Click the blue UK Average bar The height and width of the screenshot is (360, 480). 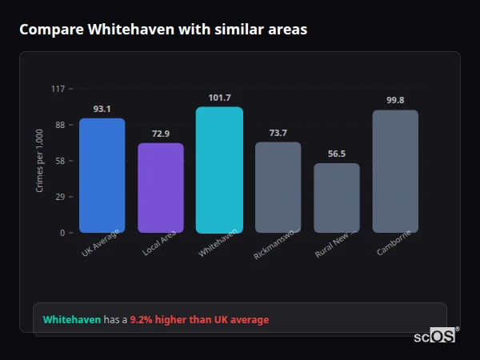[x=102, y=175]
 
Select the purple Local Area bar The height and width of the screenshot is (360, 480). [x=161, y=188]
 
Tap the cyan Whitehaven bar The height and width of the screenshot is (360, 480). [x=219, y=170]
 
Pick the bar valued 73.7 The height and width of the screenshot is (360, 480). [x=278, y=187]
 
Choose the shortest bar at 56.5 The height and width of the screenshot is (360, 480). [x=337, y=198]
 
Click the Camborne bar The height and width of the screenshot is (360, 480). [x=395, y=171]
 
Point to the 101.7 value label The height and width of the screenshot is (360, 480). [x=219, y=98]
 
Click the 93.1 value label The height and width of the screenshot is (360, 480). [x=102, y=109]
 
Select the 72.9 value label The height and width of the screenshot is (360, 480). [x=161, y=134]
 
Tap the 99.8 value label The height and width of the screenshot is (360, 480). [x=395, y=101]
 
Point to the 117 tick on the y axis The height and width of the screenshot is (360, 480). [x=58, y=89]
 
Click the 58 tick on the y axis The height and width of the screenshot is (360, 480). [x=61, y=161]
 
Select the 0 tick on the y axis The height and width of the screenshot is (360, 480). [x=63, y=233]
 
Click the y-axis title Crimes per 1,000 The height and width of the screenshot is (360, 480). [x=40, y=161]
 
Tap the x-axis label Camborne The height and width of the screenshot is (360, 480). [x=394, y=243]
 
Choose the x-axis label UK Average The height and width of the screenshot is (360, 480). [x=101, y=242]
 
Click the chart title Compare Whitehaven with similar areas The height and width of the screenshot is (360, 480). [x=162, y=29]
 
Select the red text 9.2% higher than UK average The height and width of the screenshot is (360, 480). [x=199, y=320]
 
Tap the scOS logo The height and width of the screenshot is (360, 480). [x=435, y=336]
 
